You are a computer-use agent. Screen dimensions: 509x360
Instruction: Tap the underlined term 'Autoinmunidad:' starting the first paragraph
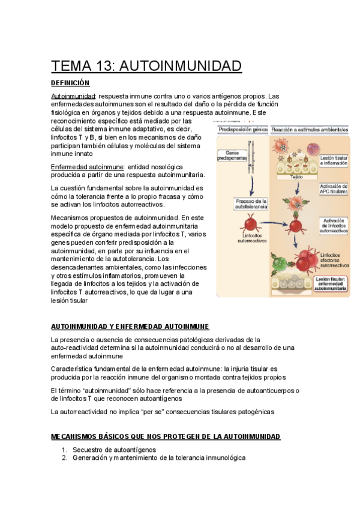point(73,96)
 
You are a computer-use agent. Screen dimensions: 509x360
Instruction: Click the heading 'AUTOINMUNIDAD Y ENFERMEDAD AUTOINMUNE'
point(130,327)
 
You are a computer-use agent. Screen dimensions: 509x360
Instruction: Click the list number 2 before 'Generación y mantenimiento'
point(65,458)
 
